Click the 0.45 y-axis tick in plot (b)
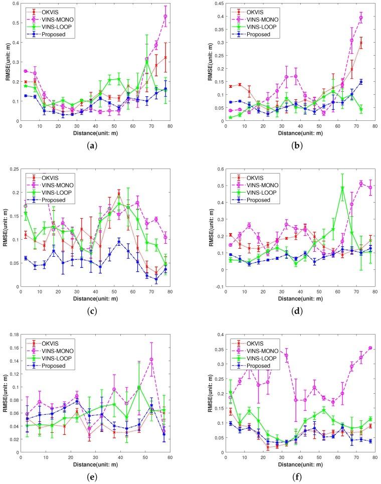click(x=210, y=4)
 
